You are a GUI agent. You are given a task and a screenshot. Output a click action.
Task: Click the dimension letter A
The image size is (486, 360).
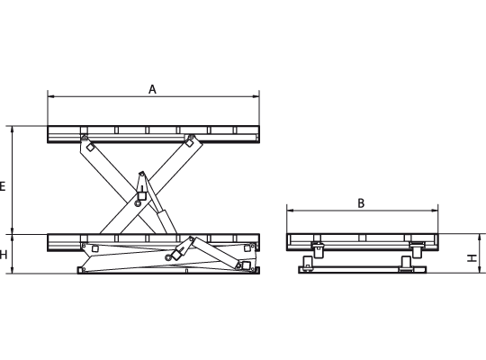coord(152,89)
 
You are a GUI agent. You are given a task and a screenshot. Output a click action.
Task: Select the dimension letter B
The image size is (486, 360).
coord(361,203)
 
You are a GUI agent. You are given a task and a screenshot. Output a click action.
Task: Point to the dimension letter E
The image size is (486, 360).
coord(2,186)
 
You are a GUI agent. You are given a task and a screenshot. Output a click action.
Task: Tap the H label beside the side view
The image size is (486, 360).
coord(3,255)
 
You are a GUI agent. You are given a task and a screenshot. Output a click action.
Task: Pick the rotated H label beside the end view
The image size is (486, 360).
coord(472,257)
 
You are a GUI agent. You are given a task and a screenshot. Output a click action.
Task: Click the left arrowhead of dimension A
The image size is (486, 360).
coord(51,96)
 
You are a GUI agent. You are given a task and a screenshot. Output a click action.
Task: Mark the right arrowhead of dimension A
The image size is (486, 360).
coord(256,96)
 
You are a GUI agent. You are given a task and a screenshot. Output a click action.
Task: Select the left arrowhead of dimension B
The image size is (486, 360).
coord(291,211)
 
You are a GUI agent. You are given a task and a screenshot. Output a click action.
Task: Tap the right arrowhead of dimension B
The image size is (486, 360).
coord(435,211)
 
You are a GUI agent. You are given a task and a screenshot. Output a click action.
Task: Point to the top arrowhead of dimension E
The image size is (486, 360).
coord(12,130)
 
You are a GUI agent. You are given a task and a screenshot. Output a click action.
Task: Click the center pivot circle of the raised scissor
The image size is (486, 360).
coord(138,203)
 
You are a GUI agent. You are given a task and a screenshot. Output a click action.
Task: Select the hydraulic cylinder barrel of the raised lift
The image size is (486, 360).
coord(166,221)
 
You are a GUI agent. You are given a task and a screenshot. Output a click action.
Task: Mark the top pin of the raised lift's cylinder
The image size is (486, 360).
coord(141,174)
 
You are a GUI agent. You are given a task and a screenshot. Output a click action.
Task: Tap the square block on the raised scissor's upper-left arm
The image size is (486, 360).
coord(90,148)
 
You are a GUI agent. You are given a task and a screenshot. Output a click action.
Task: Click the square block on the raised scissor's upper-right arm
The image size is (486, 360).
coord(189,143)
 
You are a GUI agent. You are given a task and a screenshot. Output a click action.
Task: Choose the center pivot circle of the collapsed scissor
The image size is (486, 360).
coord(168,257)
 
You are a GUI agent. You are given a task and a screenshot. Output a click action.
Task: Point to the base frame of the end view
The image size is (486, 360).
coord(363,269)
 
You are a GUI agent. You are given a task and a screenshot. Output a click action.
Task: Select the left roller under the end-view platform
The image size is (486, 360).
coord(318,250)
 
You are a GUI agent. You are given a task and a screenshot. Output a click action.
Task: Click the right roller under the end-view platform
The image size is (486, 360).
coord(417,250)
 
